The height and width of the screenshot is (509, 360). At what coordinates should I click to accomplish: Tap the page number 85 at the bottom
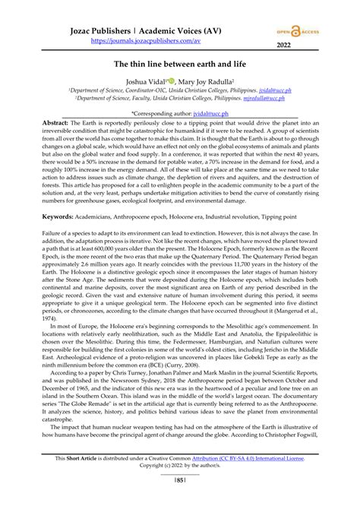point(179,501)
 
